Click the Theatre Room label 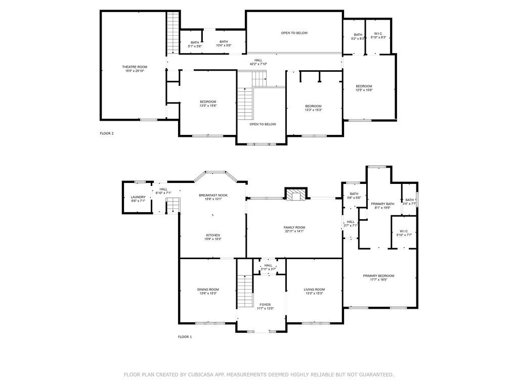point(135,67)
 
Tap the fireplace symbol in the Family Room point(295,194)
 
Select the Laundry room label point(138,198)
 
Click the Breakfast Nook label point(213,195)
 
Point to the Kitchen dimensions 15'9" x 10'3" point(212,239)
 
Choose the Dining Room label point(208,289)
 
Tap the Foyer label point(265,305)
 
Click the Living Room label point(314,289)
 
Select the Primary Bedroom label point(378,276)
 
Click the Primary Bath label point(382,204)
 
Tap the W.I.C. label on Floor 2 point(378,34)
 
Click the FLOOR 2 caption point(107,133)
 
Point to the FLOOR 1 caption point(185,336)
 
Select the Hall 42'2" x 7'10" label point(258,60)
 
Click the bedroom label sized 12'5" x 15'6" point(364,86)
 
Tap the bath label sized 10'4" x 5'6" point(224,42)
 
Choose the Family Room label point(294,227)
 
